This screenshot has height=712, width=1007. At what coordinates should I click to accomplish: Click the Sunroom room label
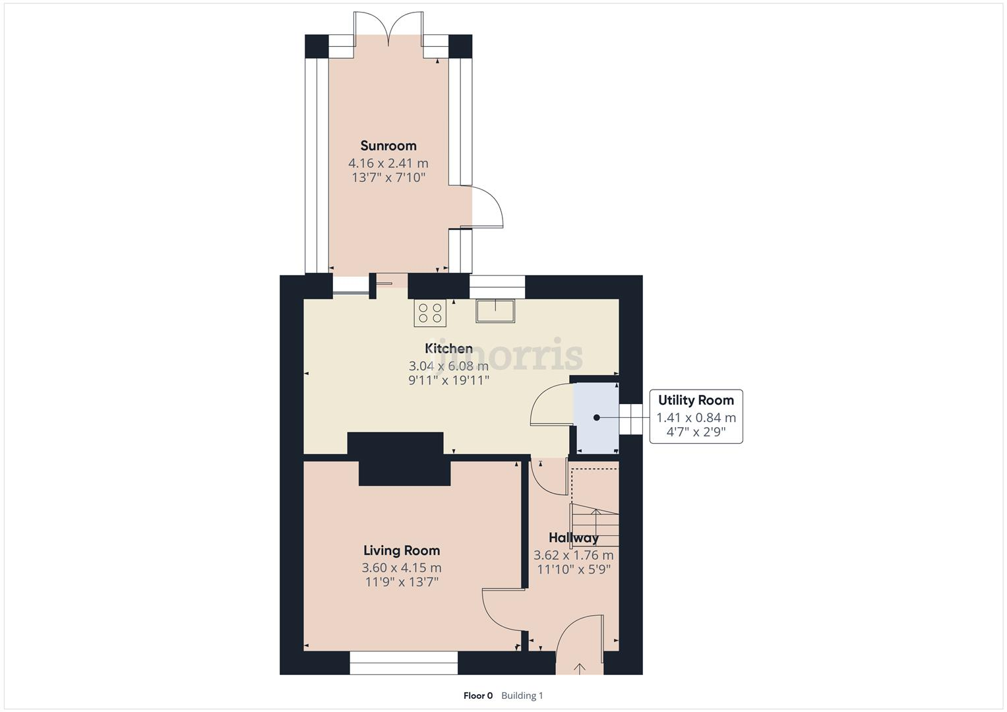tap(388, 146)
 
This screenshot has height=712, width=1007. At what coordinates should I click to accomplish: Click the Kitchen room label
tap(448, 348)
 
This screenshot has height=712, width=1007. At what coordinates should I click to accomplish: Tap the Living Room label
tap(401, 550)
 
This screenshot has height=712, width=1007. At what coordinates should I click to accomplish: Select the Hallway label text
tap(573, 538)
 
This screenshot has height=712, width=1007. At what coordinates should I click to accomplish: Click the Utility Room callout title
tap(696, 400)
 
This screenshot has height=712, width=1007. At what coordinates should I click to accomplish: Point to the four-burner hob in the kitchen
tap(430, 312)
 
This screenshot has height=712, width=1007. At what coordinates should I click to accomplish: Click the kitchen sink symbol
tap(495, 311)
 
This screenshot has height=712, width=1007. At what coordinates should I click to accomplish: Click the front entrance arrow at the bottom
tap(580, 668)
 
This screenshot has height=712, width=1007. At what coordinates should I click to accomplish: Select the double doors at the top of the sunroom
tap(388, 30)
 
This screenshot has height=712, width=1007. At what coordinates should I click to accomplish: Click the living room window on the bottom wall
tap(403, 663)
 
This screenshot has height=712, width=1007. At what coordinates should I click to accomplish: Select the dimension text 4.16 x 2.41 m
tap(388, 163)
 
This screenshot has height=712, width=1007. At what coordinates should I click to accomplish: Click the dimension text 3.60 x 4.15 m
tap(401, 568)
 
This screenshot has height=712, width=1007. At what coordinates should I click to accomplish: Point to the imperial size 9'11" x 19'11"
tap(448, 380)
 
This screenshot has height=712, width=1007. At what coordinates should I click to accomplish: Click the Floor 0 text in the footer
tap(477, 696)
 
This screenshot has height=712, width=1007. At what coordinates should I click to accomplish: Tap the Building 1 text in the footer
tap(522, 696)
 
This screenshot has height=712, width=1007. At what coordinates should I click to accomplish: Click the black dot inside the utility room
tap(596, 417)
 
